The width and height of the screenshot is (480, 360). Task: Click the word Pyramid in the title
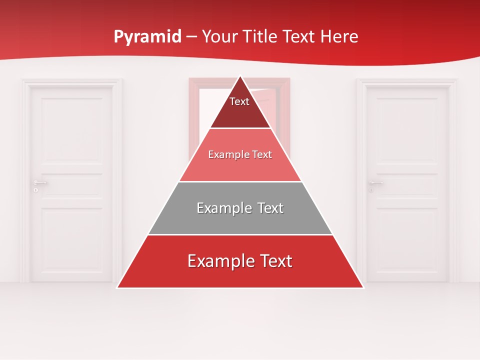147,37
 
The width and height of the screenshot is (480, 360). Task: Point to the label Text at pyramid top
239,101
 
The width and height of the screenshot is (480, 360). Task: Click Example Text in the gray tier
240,208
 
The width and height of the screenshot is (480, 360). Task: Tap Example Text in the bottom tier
240,261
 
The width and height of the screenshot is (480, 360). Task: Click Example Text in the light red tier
240,154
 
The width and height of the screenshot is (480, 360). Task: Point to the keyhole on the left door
35,190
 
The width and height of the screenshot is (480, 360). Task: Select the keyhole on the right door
371,190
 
